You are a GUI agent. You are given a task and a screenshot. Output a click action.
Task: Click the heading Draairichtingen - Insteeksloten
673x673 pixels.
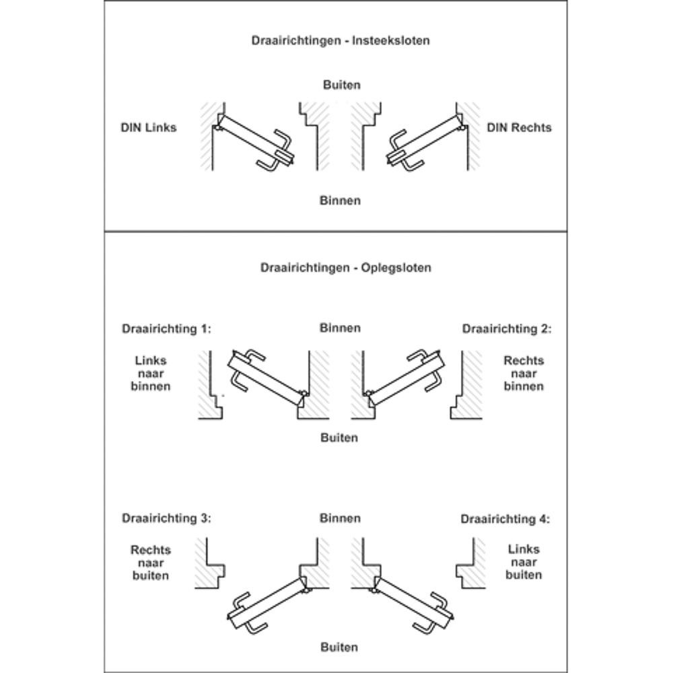[341, 41]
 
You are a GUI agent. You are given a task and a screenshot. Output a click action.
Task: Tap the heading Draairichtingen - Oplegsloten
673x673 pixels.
[345, 268]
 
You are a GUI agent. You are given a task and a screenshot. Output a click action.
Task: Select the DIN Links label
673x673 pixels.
[149, 127]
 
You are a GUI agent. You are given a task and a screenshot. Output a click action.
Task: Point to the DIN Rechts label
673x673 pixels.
[519, 127]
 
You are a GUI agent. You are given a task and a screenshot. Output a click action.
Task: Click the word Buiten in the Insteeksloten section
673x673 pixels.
[342, 85]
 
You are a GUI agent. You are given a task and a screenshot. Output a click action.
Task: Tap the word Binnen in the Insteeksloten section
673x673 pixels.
[340, 201]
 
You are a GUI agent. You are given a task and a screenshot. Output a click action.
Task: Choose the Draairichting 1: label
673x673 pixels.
[166, 329]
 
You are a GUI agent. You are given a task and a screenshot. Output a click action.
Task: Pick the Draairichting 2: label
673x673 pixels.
[507, 329]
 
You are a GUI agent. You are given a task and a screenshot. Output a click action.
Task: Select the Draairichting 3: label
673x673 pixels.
[166, 518]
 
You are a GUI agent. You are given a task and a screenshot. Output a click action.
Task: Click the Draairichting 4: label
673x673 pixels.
[505, 520]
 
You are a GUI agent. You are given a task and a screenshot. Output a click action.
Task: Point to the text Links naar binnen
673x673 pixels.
[151, 374]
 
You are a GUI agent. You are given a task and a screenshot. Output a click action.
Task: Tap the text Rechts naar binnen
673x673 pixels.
[524, 374]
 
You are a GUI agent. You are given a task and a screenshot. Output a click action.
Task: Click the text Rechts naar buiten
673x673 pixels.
[151, 563]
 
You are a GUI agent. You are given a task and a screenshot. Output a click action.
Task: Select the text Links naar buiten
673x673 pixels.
[524, 562]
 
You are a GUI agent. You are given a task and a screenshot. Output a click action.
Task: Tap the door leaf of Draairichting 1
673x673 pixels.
[266, 378]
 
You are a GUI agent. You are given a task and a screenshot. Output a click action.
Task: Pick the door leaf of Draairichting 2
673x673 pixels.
[406, 378]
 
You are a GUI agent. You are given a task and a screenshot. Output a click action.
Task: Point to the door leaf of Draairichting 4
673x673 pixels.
[414, 602]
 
